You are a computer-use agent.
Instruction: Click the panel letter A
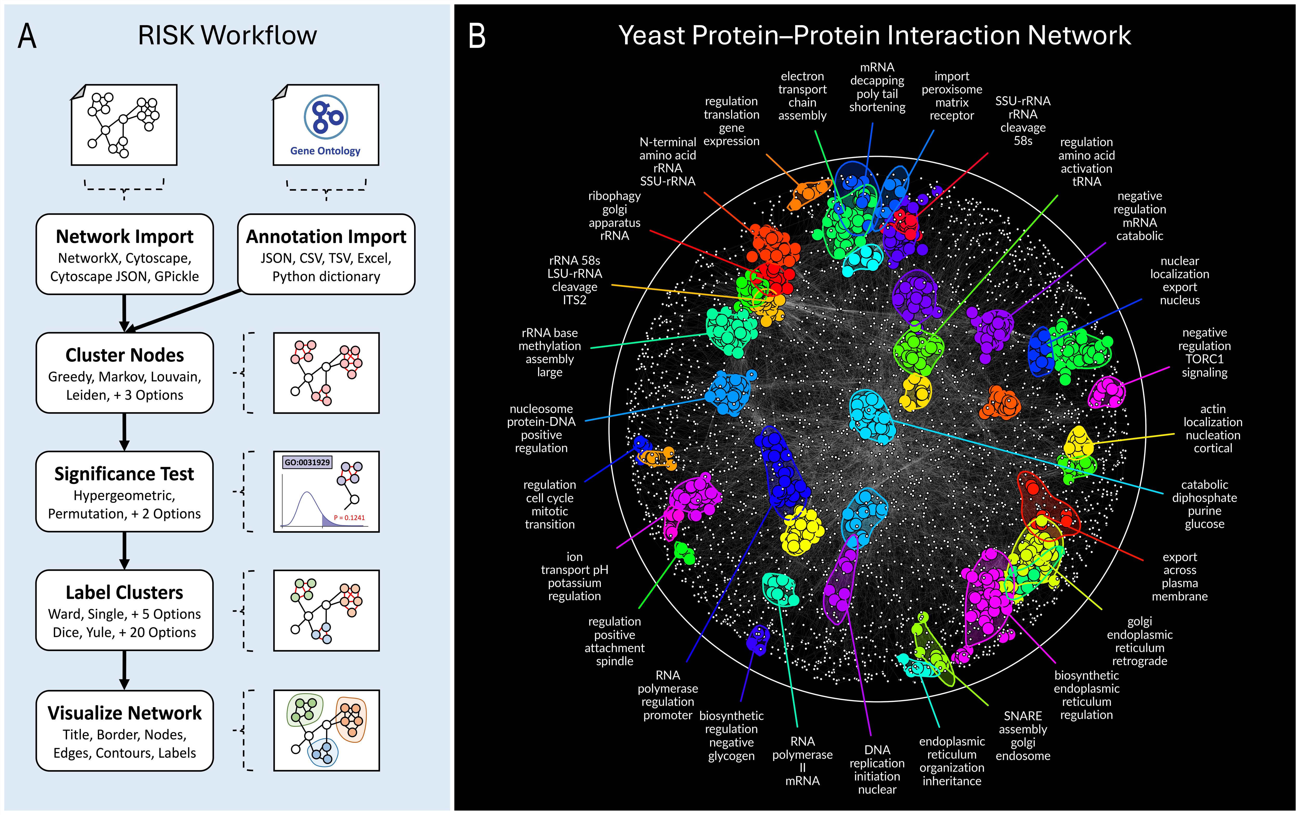coord(27,37)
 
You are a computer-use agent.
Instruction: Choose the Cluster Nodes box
coord(125,373)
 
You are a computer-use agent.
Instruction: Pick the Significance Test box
coord(125,492)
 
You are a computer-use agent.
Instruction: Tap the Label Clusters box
coord(125,610)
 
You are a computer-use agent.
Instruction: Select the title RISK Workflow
coord(227,36)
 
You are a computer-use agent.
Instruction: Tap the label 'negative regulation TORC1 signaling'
coord(1204,352)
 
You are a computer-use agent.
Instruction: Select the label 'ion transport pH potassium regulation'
coord(574,576)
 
